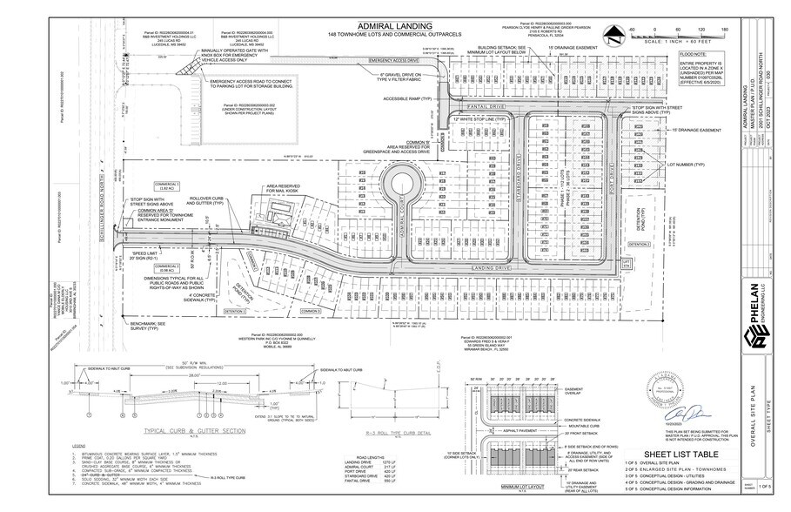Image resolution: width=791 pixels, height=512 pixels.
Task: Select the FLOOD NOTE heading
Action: coord(692,54)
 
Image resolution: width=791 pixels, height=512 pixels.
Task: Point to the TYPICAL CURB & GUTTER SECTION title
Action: coord(197,430)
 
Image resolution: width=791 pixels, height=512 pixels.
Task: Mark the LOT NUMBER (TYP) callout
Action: coord(684,164)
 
